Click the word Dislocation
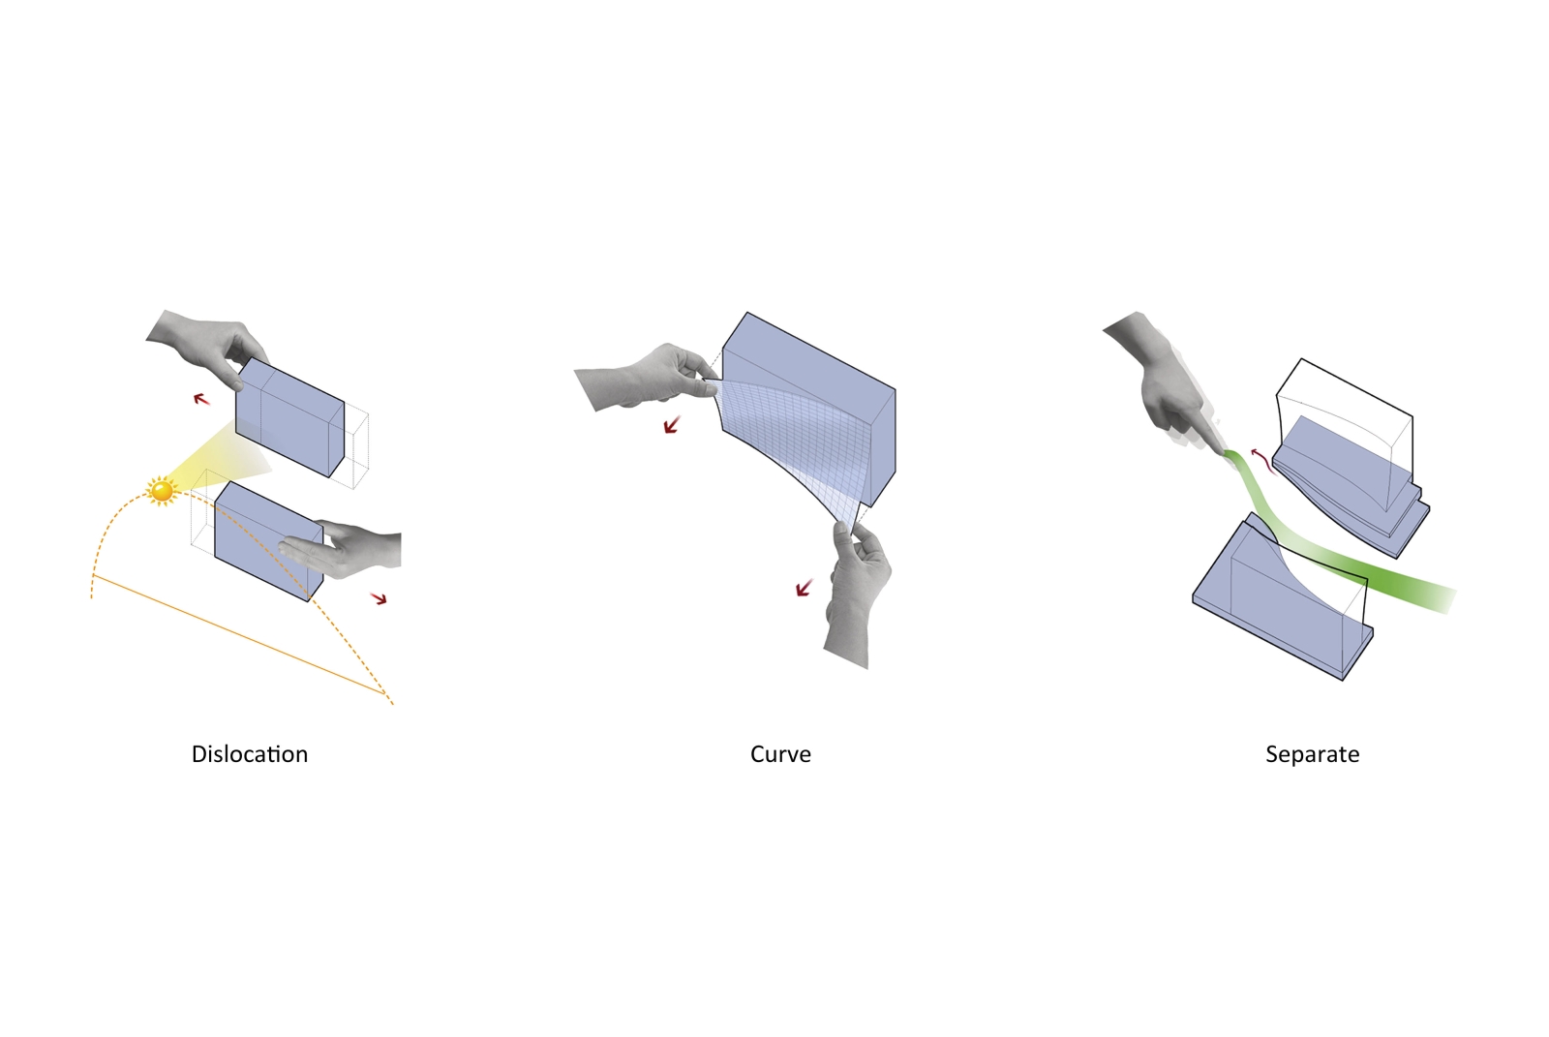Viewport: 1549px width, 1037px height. pos(250,754)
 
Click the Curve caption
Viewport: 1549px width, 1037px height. pos(780,754)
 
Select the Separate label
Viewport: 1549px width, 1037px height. pos(1312,754)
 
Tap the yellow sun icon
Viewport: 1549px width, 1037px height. pos(162,491)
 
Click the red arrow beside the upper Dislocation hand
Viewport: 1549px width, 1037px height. pos(201,399)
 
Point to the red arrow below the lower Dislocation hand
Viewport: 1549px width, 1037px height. pos(379,598)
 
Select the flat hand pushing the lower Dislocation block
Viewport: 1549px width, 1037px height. pos(340,549)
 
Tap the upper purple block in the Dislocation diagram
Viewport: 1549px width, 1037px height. pos(289,417)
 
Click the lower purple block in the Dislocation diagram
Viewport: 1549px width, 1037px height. pos(268,541)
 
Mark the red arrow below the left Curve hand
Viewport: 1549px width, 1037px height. pos(672,425)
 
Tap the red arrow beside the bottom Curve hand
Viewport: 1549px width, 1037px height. pos(804,588)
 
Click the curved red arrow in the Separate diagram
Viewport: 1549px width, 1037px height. pos(1262,462)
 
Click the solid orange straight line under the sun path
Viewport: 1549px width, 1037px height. pos(238,633)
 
